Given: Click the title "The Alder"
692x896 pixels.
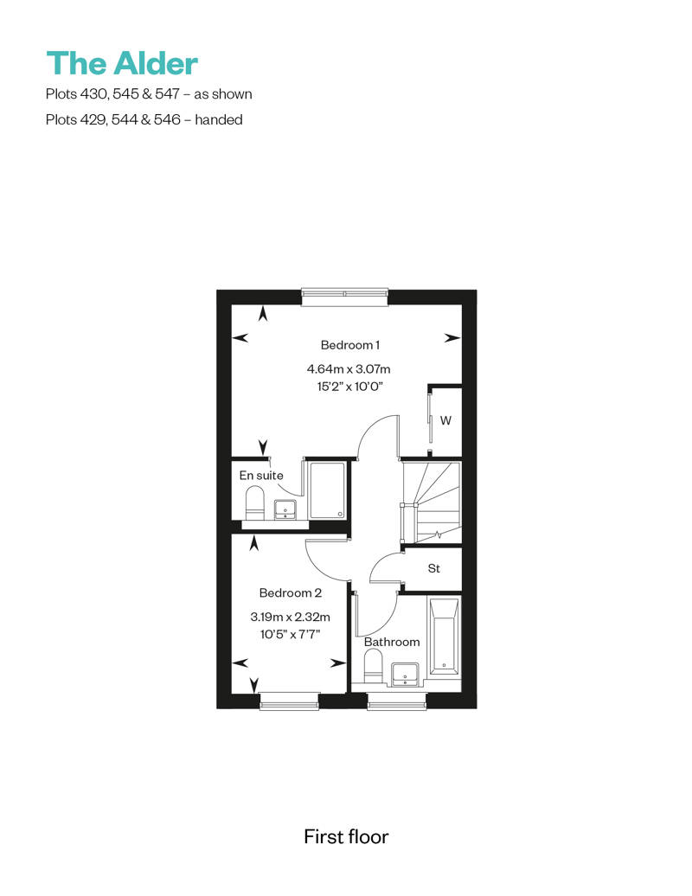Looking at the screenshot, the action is pos(122,63).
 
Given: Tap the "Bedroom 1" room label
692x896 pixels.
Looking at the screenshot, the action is pos(349,345).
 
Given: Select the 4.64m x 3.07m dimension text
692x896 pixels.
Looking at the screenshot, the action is pos(349,369).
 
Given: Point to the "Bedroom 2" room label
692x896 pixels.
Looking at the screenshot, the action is pos(291,593).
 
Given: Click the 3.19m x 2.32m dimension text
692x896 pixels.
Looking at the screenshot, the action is pos(291,618).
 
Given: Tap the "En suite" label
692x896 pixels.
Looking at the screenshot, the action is pos(261,476).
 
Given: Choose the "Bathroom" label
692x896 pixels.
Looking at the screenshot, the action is pos(392,642).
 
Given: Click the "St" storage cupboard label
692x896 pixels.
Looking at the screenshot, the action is pos(433,568).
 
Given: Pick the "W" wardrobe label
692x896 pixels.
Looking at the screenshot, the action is pos(445,420).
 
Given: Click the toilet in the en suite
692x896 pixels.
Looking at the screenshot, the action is pos(254,502).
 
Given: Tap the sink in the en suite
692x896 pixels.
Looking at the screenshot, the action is pos(285,509).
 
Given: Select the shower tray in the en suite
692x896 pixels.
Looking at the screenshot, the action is pos(328,490).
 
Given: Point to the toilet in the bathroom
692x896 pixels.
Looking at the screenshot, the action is pos(373,669).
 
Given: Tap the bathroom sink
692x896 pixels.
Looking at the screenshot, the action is pos(405,675).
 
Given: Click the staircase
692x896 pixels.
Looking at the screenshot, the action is pos(432,502).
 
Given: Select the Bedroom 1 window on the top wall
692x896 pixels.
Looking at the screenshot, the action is pos(345,295).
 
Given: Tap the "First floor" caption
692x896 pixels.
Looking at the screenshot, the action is pos(346,836).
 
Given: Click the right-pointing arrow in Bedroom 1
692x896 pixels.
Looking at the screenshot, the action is pos(452,338).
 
